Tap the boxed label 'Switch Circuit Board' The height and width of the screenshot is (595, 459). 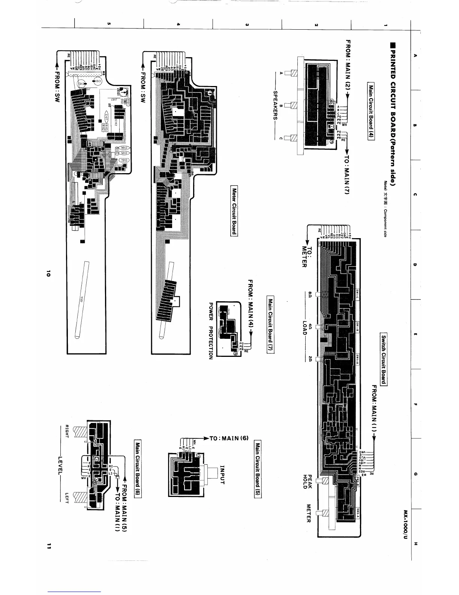383,359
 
